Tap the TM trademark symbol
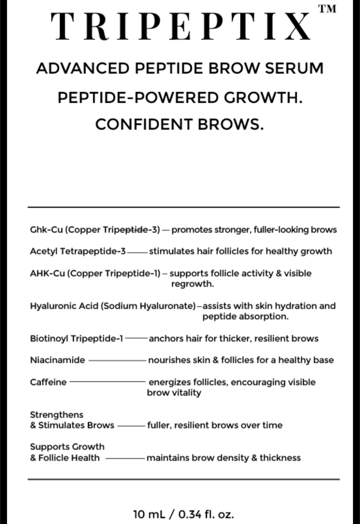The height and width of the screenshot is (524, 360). (328, 9)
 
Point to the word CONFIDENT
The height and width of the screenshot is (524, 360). (144, 124)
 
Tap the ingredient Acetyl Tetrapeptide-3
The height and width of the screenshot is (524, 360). (78, 251)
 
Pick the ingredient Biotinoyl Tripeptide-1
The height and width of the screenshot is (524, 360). (76, 339)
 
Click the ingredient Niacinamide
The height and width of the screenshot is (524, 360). (57, 360)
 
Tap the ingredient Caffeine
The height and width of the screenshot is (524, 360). (48, 382)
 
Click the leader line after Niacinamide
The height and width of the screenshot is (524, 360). (117, 360)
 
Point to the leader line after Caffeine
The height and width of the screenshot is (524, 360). (108, 382)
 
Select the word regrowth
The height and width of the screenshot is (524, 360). (192, 284)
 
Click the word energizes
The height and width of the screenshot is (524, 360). (170, 382)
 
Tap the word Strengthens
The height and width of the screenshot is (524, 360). (57, 415)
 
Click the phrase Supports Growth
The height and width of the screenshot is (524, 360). (67, 447)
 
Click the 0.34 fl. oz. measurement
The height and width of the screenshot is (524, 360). (206, 514)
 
